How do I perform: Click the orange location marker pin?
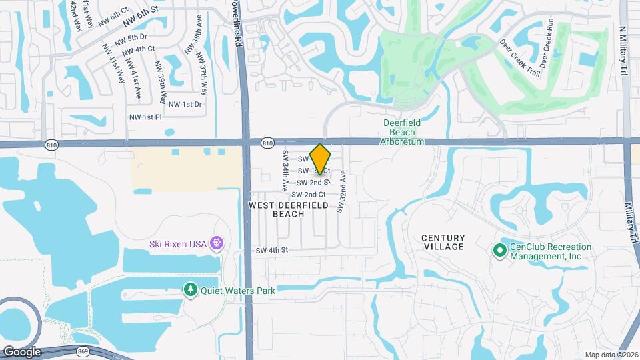point(321,159)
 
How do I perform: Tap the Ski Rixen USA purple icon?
point(215,243)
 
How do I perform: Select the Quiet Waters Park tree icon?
point(191,290)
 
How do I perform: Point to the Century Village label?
point(443,243)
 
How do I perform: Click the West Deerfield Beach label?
point(289,210)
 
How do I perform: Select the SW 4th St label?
point(271,251)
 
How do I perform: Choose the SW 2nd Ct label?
point(308,194)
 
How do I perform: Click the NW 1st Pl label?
point(145,117)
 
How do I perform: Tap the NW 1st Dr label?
point(185,104)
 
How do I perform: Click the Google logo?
point(21,352)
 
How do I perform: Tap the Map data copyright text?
point(611,355)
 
